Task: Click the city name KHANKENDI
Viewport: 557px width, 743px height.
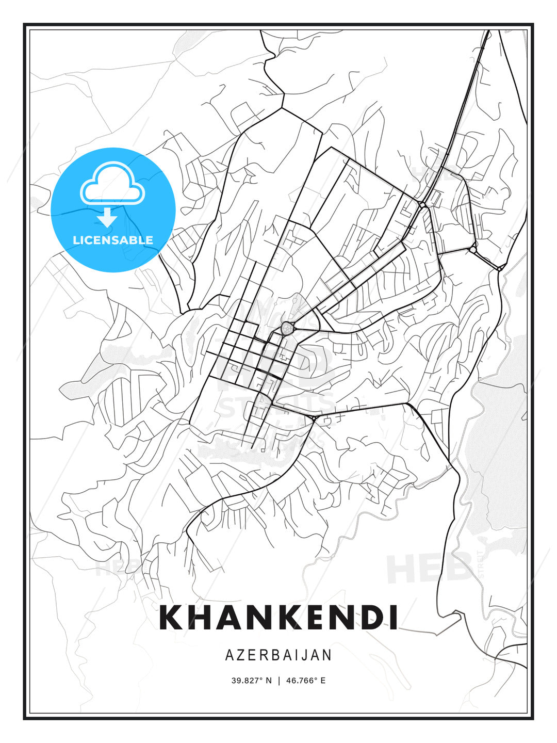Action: [x=278, y=617]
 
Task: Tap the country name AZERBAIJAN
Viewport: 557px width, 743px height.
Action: [x=278, y=655]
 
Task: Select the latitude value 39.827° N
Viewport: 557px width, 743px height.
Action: [x=251, y=680]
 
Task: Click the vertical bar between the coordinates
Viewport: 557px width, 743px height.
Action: [x=279, y=680]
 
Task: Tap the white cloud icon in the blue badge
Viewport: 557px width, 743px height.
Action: [x=112, y=183]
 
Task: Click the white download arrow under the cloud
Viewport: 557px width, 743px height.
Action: [x=108, y=218]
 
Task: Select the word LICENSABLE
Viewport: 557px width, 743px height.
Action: [x=113, y=240]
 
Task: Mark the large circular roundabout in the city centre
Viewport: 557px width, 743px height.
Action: [x=287, y=328]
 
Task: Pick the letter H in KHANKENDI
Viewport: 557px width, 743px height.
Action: [x=203, y=617]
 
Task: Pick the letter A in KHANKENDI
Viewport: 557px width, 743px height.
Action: [x=236, y=617]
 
